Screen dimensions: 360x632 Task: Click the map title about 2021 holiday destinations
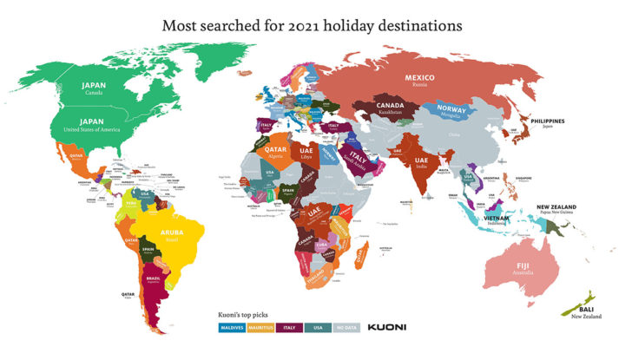pyautogui.click(x=316, y=25)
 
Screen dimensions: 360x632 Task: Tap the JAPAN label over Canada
pyautogui.click(x=93, y=85)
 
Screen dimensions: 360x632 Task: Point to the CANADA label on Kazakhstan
pyautogui.click(x=389, y=107)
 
